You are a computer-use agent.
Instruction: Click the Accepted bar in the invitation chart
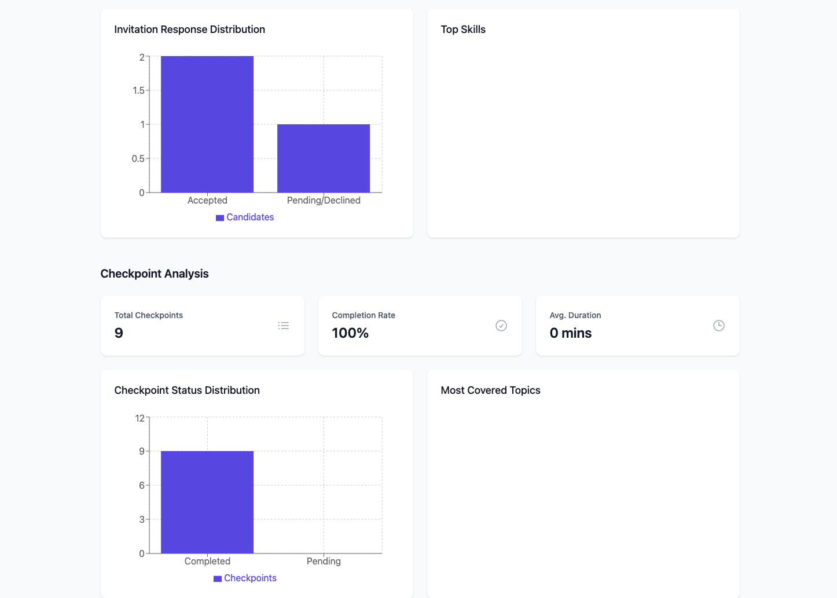click(207, 124)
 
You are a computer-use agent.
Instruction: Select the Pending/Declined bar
click(324, 158)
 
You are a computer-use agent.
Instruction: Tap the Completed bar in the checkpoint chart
click(207, 502)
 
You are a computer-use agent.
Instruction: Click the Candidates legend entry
click(245, 217)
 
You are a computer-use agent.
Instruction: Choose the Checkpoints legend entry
click(245, 578)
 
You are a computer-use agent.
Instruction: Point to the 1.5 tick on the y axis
click(138, 90)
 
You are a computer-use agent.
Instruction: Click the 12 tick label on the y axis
click(139, 418)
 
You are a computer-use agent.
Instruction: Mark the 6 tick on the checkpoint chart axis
click(142, 485)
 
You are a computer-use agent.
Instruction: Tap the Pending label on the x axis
click(324, 561)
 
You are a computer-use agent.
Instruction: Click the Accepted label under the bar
click(207, 200)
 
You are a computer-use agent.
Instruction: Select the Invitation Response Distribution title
click(189, 29)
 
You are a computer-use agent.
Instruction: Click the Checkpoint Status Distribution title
click(187, 390)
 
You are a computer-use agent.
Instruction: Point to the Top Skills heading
click(463, 29)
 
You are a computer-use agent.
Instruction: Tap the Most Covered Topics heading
click(490, 390)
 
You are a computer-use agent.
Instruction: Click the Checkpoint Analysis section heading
click(155, 274)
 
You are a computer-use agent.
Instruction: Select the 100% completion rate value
click(350, 333)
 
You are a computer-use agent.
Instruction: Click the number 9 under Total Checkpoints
click(119, 333)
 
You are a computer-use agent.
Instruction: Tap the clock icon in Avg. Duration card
click(718, 326)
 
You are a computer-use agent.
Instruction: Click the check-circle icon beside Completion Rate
click(501, 326)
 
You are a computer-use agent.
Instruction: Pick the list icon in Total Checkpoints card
click(284, 326)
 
